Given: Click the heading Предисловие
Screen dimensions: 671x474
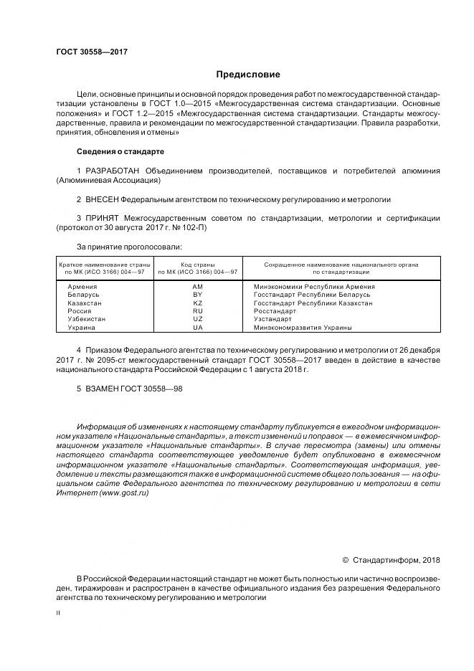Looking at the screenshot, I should (x=248, y=74).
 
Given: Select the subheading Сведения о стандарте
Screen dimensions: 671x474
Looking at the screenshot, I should (x=120, y=151).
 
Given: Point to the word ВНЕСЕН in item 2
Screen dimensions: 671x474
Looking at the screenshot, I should (x=100, y=199).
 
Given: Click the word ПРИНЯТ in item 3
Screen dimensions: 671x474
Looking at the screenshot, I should (x=102, y=217).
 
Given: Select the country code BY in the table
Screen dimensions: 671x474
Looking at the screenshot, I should (x=198, y=294).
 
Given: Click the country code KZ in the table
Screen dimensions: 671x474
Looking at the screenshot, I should (x=198, y=303).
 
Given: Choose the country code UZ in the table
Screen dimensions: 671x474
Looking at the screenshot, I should (x=198, y=319).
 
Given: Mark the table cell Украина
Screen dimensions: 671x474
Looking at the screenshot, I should (x=81, y=328).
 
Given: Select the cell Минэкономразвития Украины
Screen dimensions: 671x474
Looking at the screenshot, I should (x=303, y=328).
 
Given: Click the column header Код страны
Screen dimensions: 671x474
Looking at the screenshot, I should (x=198, y=265).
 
